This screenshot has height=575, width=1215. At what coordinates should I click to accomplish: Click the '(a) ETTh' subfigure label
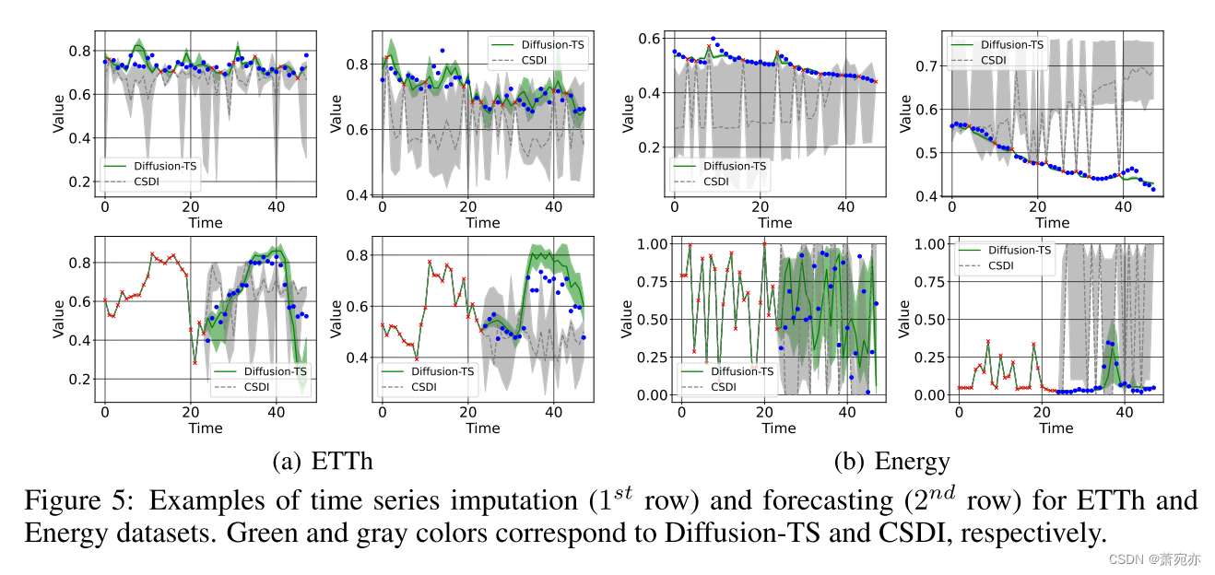[323, 461]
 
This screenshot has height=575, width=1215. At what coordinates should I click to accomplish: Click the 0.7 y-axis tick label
[925, 65]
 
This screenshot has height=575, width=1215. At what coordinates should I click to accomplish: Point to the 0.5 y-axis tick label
[925, 153]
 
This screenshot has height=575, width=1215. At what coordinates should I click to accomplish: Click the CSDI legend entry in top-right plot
[993, 60]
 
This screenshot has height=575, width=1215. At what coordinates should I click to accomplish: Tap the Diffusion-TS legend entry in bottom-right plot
[1019, 250]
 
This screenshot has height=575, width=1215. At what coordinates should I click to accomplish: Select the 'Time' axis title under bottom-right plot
[1056, 428]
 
